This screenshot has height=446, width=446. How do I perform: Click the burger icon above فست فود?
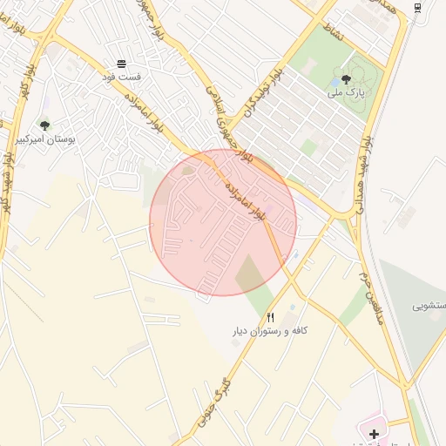(121, 64)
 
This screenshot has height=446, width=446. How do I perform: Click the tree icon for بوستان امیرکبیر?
(44, 125)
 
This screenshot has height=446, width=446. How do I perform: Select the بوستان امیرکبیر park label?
(46, 139)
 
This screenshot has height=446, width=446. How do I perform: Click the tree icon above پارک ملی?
(346, 79)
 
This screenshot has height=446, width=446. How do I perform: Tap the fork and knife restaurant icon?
(271, 318)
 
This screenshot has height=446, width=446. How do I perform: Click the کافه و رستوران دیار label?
(271, 331)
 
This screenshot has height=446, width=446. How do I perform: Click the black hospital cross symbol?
(374, 433)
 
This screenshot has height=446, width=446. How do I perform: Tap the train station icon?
(418, 8)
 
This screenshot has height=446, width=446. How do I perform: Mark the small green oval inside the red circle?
(188, 171)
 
